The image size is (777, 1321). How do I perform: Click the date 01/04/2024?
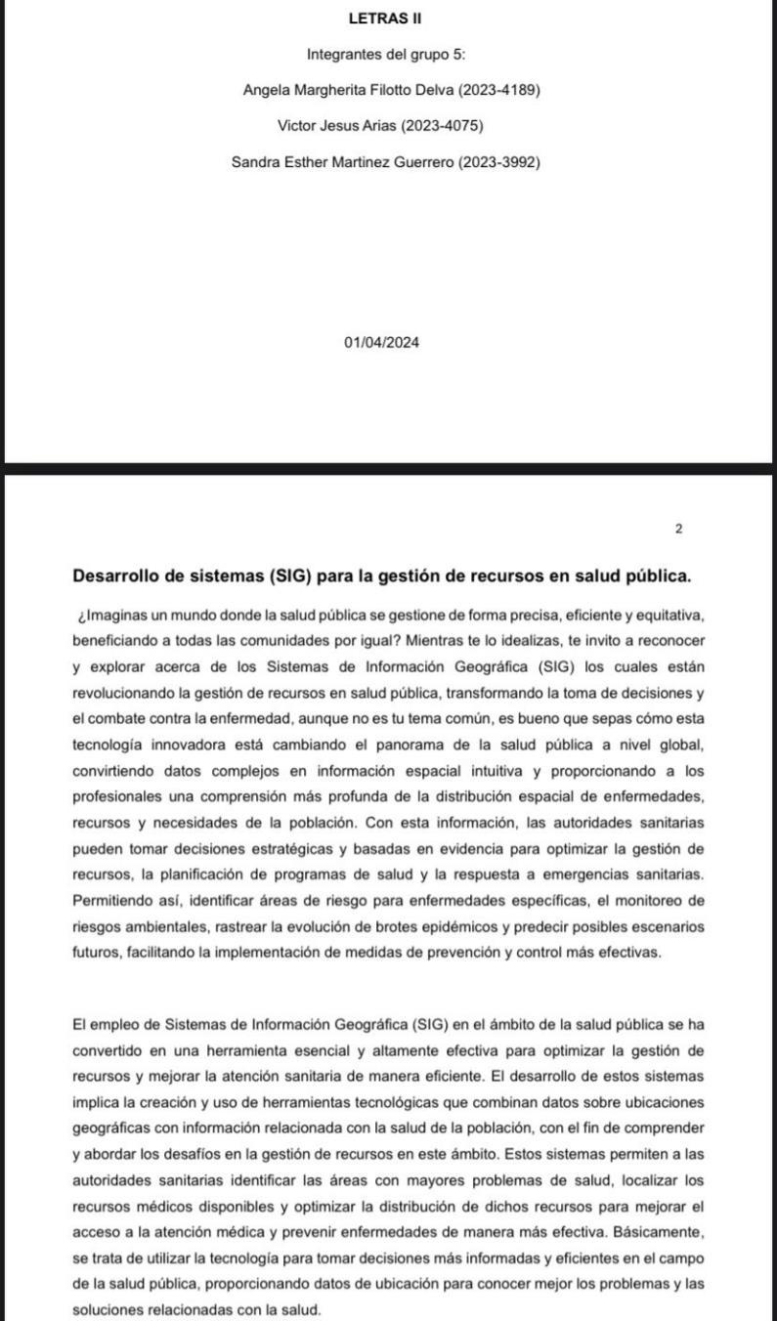382,342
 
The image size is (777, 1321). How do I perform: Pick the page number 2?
679,529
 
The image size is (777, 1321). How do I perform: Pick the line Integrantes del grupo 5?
385,54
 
